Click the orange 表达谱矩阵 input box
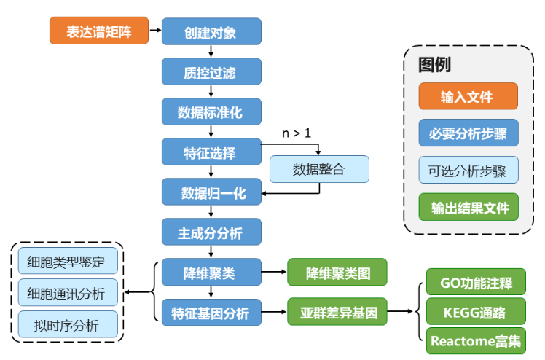point(98,31)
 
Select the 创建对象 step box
point(210,32)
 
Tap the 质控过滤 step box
point(210,72)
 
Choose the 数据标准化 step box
point(210,112)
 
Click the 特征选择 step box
point(210,152)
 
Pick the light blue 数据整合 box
point(319,170)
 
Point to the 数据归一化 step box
point(210,193)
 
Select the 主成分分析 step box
point(210,233)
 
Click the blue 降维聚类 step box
point(210,273)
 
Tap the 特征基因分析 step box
point(210,313)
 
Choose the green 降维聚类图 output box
point(337,273)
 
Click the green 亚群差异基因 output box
point(337,313)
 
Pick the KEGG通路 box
point(477,312)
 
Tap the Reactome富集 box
point(477,340)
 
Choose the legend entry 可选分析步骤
point(468,171)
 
